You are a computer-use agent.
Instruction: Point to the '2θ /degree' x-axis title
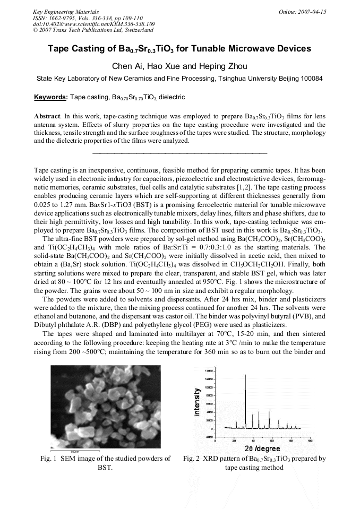point(262,449)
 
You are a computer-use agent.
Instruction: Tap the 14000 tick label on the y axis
point(209,369)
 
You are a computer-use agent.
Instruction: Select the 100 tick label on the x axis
point(310,441)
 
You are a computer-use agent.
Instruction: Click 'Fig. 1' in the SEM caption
point(48,459)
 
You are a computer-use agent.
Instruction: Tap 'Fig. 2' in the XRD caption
point(192,459)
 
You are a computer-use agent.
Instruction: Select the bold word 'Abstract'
point(47,116)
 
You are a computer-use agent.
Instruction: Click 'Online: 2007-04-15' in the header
point(303,11)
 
